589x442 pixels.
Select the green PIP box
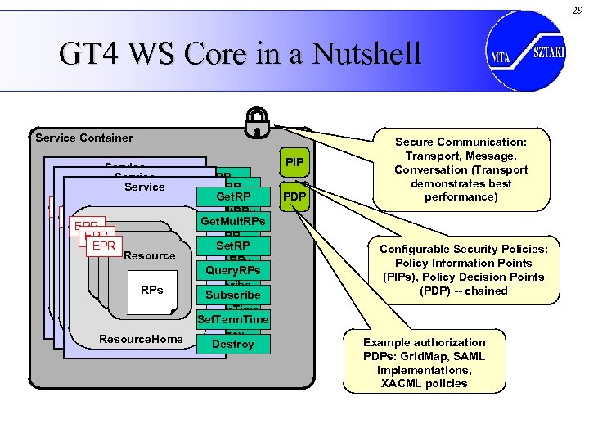(294, 164)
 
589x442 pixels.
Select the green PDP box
(294, 196)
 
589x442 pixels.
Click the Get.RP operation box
(233, 197)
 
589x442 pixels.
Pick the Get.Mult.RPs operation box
(233, 222)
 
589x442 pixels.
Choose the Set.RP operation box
(233, 246)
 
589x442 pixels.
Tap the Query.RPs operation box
(233, 270)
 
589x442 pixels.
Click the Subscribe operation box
(233, 295)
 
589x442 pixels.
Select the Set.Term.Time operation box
(233, 319)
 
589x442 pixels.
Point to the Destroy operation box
(233, 345)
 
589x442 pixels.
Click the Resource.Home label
(141, 339)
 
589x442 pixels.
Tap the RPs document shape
(152, 290)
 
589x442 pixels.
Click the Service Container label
(84, 138)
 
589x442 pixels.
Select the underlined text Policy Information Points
(463, 263)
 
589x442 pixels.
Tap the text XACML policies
(424, 383)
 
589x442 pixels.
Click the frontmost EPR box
(103, 245)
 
